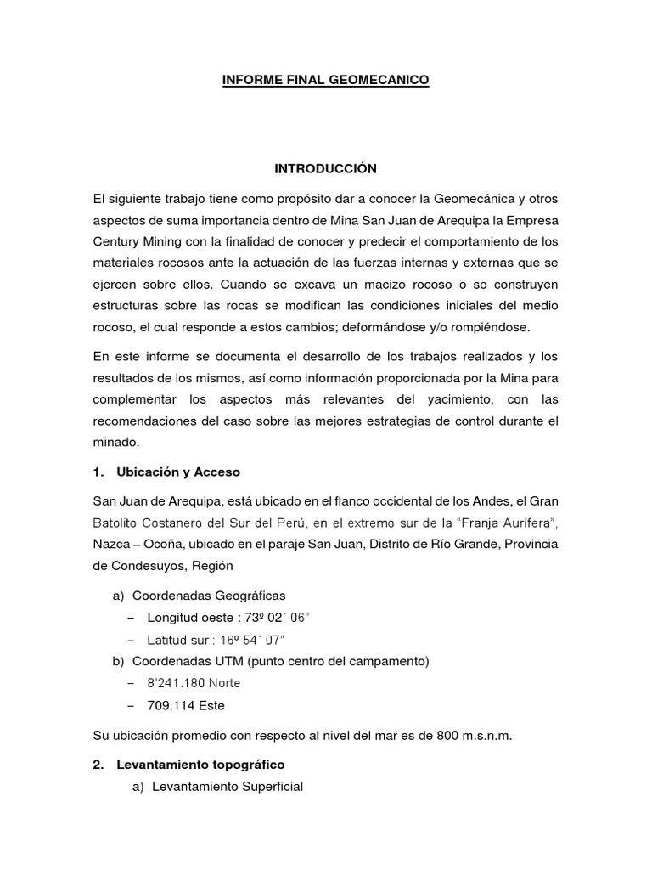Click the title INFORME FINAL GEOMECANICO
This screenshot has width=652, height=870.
click(325, 81)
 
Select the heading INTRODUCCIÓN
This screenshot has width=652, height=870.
click(325, 169)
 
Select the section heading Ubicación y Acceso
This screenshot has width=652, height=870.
click(178, 472)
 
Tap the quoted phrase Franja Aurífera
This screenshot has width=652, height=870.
click(503, 521)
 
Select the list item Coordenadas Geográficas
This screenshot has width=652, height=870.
click(215, 596)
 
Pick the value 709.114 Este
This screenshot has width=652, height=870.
click(186, 704)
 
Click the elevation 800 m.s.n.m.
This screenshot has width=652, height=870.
click(476, 735)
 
